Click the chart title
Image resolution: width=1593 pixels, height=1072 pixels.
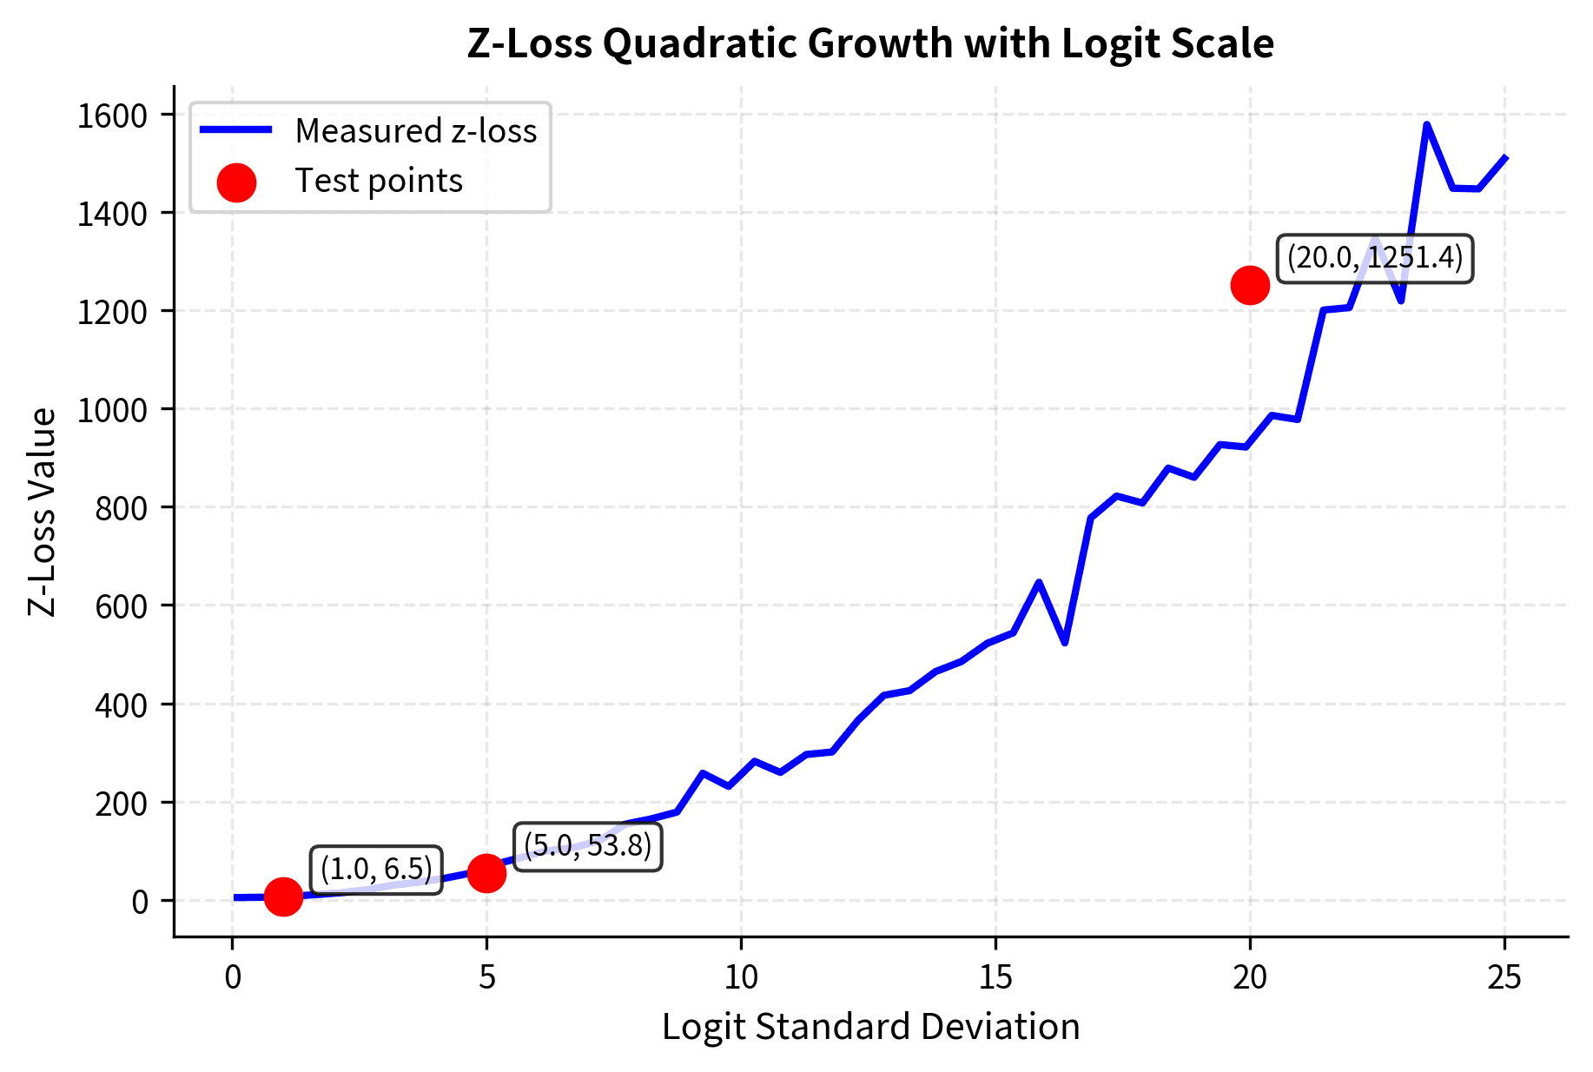[x=870, y=43]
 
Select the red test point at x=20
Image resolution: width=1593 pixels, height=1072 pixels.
[x=1250, y=285]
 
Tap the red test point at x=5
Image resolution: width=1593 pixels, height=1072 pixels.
[x=486, y=873]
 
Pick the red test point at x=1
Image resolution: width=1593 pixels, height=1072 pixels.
[x=283, y=897]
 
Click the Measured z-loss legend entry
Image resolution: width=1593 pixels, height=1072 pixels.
[x=415, y=131]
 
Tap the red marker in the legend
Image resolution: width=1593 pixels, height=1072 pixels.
[x=236, y=182]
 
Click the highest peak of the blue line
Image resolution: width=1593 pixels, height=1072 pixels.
[x=1427, y=125]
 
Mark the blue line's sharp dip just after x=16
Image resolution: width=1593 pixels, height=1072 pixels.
[x=1065, y=642]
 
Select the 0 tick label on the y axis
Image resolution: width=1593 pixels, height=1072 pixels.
[x=140, y=901]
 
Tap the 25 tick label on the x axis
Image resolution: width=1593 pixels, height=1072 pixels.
[x=1504, y=978]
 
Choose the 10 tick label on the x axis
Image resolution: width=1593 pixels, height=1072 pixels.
[x=741, y=978]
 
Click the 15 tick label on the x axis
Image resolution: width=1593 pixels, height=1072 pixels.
[x=995, y=978]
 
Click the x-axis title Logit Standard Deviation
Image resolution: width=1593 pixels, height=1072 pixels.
[x=870, y=1027]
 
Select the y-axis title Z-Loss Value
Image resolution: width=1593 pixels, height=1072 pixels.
[x=42, y=513]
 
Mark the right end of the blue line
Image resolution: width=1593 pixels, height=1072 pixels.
[x=1505, y=158]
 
